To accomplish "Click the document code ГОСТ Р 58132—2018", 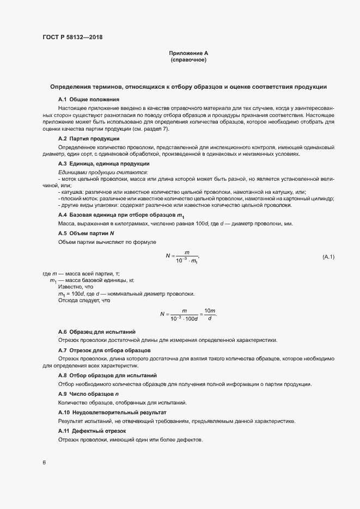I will tap(72, 38).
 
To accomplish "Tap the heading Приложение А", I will tap(188, 53).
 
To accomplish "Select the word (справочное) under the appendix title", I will tap(188, 60).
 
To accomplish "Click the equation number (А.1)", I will tap(328, 256).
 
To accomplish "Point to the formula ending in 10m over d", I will tap(188, 314).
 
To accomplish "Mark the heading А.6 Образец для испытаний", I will tap(97, 332).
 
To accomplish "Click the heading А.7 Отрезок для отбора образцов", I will tap(104, 350).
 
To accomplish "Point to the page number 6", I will tap(44, 463).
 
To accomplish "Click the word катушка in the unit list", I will tap(71, 192).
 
